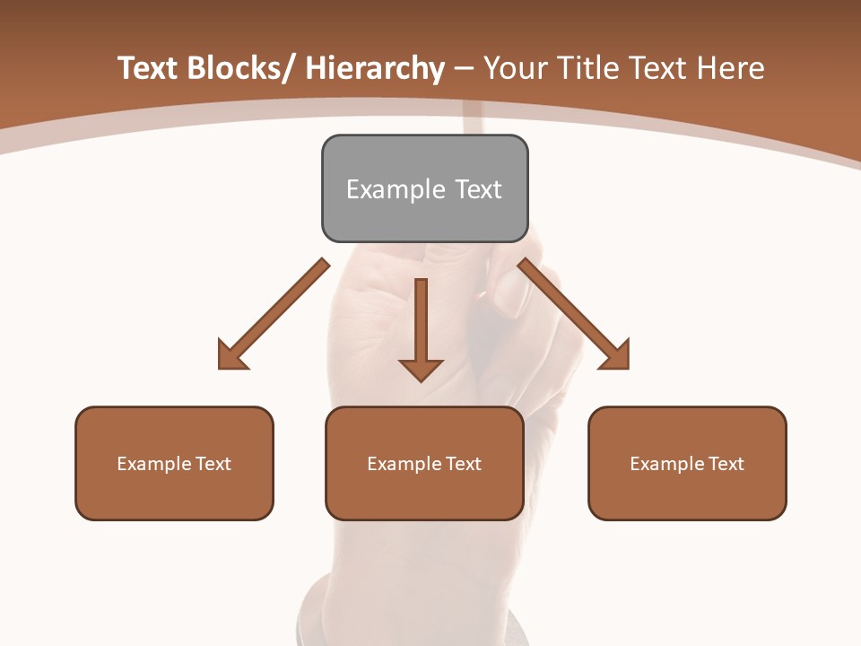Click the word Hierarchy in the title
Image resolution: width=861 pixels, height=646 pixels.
(x=375, y=69)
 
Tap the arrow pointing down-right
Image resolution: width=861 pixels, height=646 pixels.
(x=573, y=313)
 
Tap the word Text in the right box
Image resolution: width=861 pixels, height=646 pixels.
(x=726, y=464)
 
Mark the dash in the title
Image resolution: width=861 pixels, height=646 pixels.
(x=464, y=69)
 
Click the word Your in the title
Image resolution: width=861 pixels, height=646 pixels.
(x=514, y=68)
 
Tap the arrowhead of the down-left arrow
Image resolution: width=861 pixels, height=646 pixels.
(x=232, y=355)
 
